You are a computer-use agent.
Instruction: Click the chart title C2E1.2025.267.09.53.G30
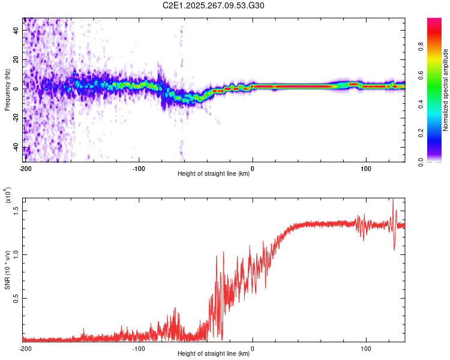(x=224, y=7)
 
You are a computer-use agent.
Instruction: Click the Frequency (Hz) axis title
(x=7, y=90)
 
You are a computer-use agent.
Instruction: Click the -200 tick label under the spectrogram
(x=25, y=167)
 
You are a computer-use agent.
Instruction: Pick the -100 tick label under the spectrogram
(x=139, y=167)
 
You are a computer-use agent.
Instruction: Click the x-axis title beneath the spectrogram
(x=214, y=174)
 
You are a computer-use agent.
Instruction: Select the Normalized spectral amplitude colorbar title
(x=446, y=90)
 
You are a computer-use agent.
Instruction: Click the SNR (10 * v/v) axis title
(x=7, y=267)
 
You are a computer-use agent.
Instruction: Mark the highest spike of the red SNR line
(x=393, y=200)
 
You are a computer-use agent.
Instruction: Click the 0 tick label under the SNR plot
(x=252, y=347)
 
